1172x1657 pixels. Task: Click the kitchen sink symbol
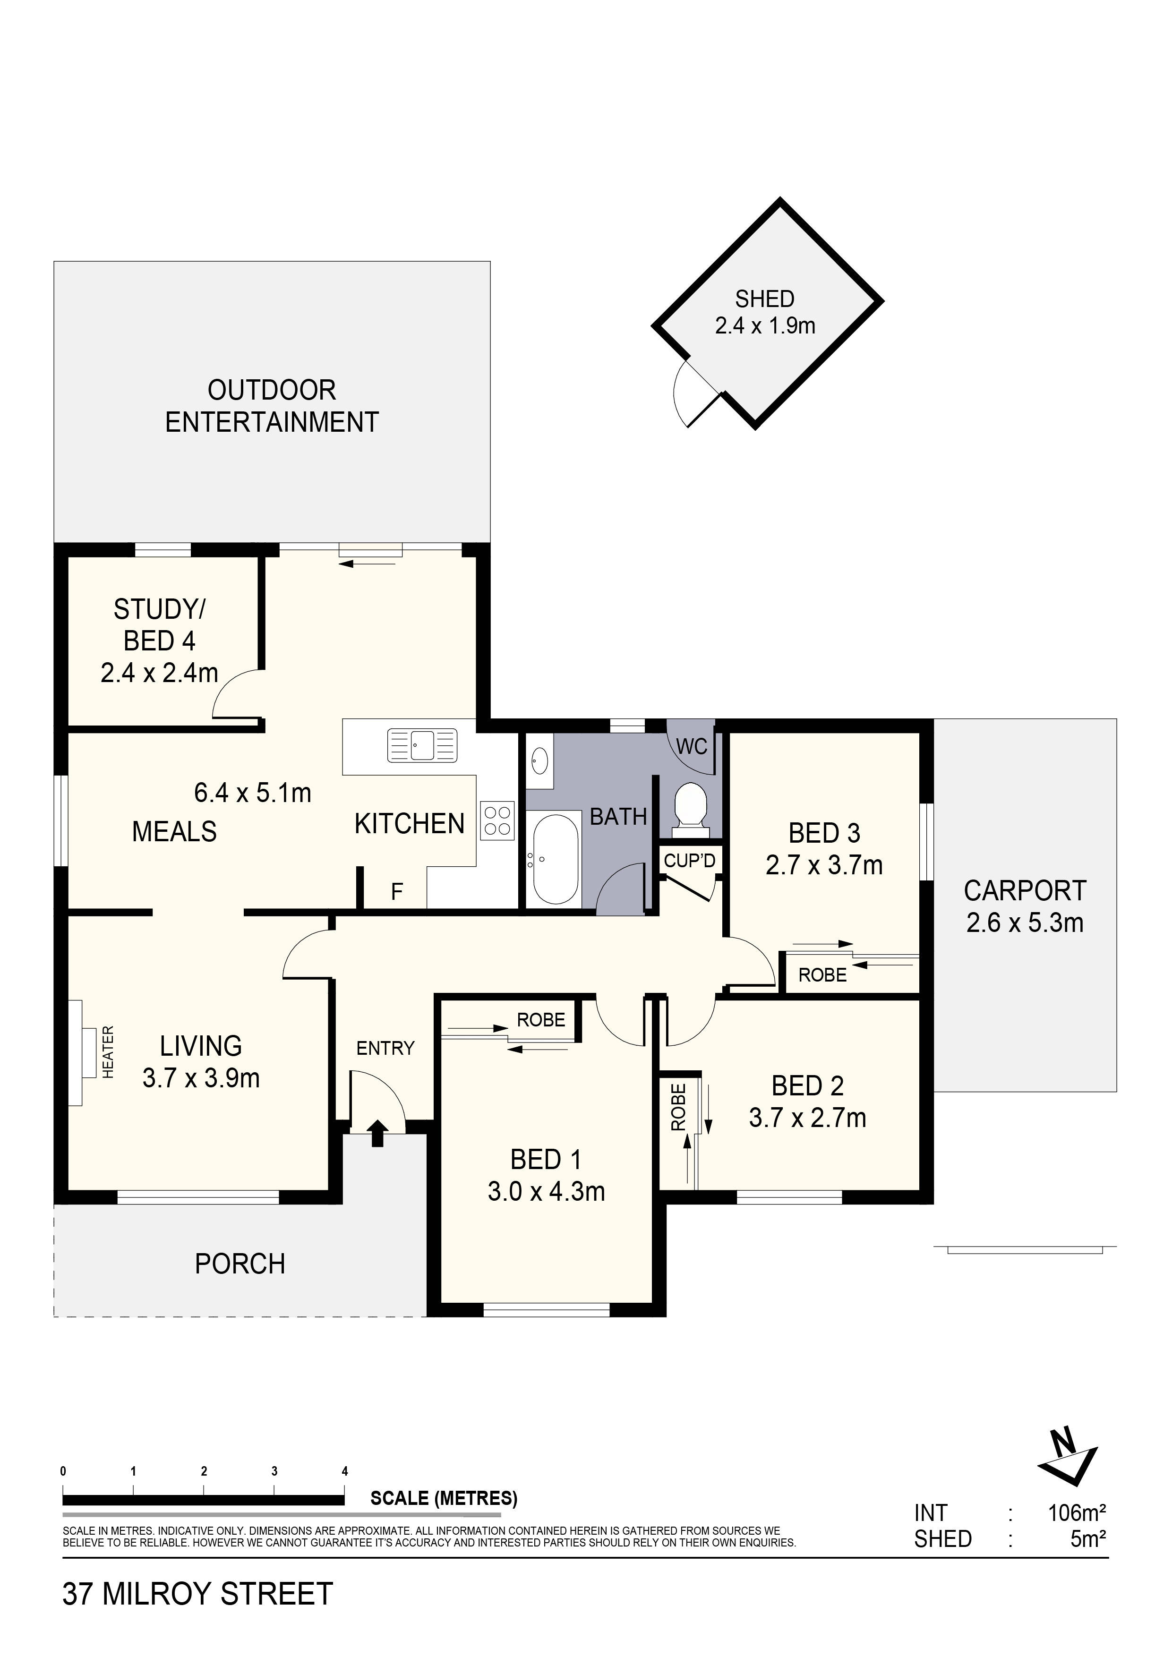tap(422, 745)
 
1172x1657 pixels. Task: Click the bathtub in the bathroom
tap(554, 859)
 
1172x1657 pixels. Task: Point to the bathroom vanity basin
tap(539, 760)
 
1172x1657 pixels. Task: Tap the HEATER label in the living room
tap(108, 1052)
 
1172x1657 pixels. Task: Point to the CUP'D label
tap(689, 861)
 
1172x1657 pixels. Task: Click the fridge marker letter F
tap(396, 893)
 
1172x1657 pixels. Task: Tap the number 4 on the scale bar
tap(344, 1471)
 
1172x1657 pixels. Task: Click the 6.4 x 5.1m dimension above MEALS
tap(253, 793)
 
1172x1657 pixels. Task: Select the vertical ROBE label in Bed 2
tap(678, 1108)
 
